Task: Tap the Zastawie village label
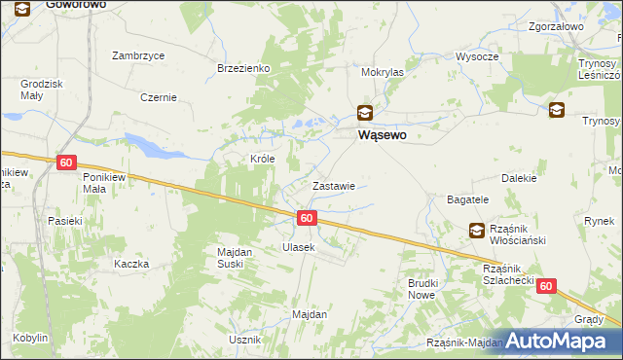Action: (x=332, y=185)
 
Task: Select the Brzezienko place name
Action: (x=243, y=68)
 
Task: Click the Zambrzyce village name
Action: (x=137, y=55)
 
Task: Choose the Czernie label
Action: (x=158, y=97)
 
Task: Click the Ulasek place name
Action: (x=299, y=247)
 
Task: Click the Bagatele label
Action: (x=467, y=198)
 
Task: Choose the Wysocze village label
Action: (x=477, y=56)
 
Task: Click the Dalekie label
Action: (x=519, y=178)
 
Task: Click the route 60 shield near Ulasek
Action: (x=307, y=218)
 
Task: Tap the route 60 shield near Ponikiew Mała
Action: (x=66, y=162)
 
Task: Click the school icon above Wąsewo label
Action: (x=364, y=113)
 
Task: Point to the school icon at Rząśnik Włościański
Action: (x=477, y=231)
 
